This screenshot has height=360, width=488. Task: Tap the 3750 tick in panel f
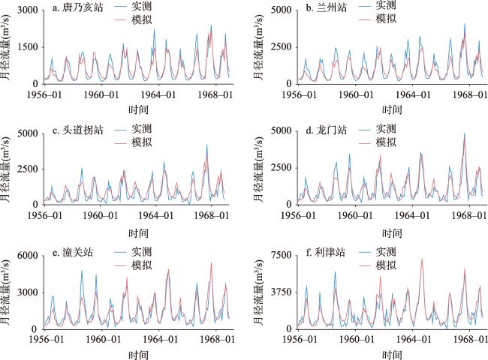click(273, 292)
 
